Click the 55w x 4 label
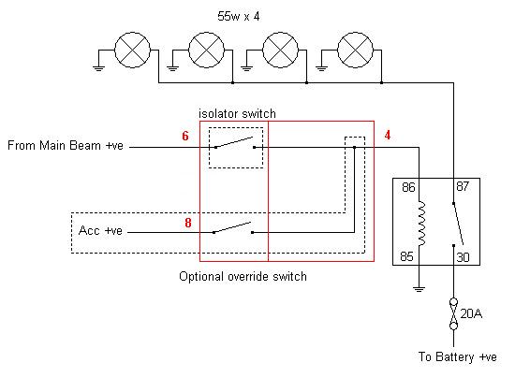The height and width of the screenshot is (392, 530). coord(239,16)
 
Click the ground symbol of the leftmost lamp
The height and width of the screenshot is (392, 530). coord(98,67)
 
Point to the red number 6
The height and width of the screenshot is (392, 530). coord(185,136)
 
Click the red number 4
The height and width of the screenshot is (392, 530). coord(388,135)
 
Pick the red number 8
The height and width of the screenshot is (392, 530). coord(188,223)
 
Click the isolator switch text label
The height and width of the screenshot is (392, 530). coord(237,113)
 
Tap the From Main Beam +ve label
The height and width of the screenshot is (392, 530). coord(66,146)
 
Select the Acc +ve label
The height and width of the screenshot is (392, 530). coord(100,230)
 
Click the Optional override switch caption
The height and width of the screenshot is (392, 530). coord(243,277)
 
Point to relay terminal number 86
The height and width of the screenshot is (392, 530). coord(408,187)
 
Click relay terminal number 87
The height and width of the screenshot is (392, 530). coord(463,186)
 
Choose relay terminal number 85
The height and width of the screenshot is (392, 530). coord(406,256)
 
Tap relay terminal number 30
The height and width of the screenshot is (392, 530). coord(464,257)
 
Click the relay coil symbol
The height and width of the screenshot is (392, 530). coord(421,224)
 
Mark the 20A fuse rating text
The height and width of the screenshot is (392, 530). coord(471,313)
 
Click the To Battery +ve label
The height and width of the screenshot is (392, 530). coord(457,356)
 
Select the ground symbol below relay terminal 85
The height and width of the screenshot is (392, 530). coord(419,289)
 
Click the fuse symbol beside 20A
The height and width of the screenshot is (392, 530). coord(453,314)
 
